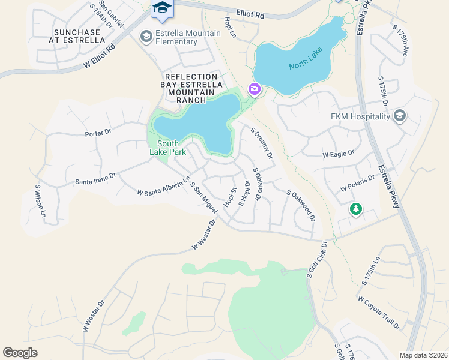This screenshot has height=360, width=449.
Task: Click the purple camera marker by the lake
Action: (255, 89)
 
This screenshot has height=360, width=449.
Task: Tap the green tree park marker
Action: (356, 209)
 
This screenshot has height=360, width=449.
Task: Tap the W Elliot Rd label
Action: (99, 56)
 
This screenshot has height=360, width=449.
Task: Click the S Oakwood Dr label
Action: (301, 205)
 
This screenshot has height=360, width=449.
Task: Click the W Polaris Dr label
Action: (357, 182)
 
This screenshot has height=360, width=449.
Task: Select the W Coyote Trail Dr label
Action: (378, 313)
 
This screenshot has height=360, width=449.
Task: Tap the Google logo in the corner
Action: (20, 353)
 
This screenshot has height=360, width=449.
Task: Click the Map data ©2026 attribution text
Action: (423, 355)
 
